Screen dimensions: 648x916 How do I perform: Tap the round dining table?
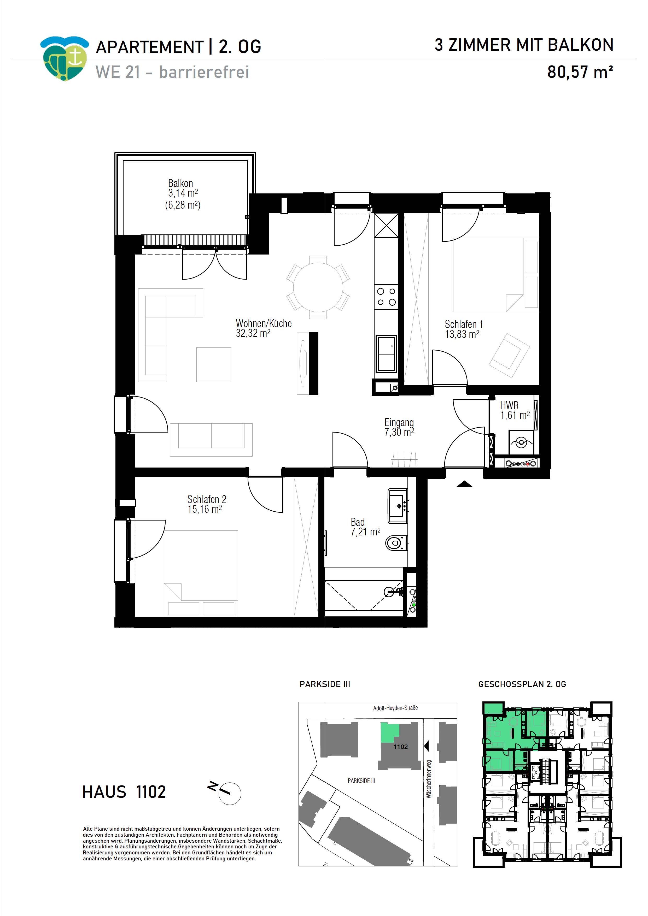tap(318, 287)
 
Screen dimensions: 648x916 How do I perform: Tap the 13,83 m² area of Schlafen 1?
tap(462, 334)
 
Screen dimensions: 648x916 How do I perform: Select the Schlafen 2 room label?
tap(207, 499)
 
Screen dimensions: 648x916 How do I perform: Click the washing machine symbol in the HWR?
tap(521, 442)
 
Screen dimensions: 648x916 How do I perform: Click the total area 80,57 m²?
tap(580, 72)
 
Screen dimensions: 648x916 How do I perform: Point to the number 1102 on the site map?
tap(400, 747)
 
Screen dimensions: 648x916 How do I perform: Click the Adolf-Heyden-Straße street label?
tap(395, 708)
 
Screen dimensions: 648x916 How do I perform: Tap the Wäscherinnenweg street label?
tap(429, 779)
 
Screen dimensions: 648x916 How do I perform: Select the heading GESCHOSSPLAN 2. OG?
tap(522, 684)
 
